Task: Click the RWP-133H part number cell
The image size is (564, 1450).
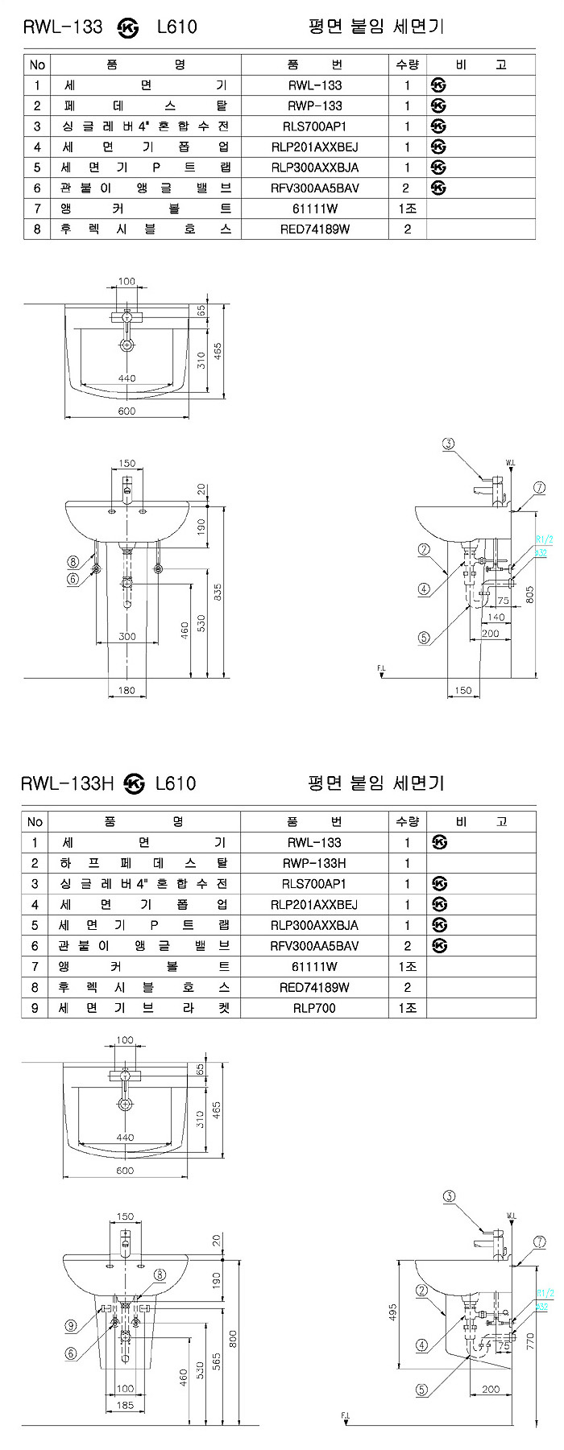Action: coord(314,863)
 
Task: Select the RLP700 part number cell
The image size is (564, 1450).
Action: coord(314,1008)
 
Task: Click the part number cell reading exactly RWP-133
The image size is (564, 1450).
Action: coord(314,105)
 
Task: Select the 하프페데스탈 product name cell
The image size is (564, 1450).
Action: coord(144,863)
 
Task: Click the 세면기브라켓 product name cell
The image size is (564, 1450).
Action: coord(144,1008)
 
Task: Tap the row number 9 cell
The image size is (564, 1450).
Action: coord(35,1008)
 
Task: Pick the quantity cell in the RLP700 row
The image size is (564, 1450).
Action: coord(407,1008)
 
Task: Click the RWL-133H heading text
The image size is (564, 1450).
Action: coord(68,783)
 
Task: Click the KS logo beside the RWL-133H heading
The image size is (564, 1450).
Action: coord(135,783)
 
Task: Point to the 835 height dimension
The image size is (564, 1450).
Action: coord(218,592)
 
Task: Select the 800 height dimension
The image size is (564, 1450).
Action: coord(234,1338)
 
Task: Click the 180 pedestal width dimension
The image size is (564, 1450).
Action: coord(126,690)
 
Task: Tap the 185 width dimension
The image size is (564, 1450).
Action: coord(125,1406)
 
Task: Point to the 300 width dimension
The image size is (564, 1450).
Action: coord(126,636)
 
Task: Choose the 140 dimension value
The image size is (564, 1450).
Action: coord(496,618)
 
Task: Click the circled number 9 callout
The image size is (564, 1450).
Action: coord(71,1326)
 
